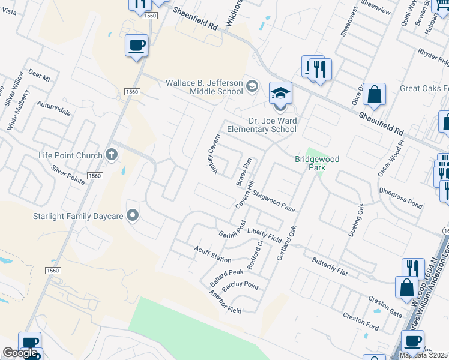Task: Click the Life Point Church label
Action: [x=70, y=156]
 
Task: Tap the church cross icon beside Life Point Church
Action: [x=111, y=155]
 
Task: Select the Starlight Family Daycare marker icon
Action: [x=133, y=215]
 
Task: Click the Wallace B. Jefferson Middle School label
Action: [x=204, y=87]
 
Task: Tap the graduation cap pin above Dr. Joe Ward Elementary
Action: [x=280, y=94]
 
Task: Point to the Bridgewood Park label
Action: [x=317, y=163]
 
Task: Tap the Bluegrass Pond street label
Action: [x=400, y=198]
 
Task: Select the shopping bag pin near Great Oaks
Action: [x=374, y=95]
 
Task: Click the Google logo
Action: [x=20, y=353]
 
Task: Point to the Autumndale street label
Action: [x=54, y=108]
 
